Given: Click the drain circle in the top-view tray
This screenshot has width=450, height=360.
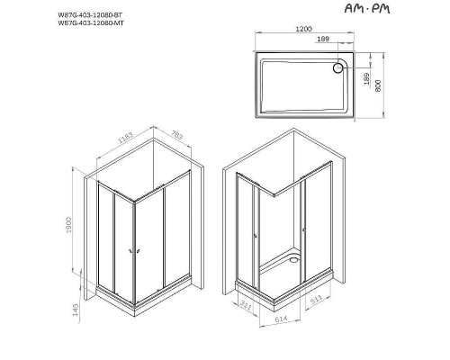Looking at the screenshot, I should pyautogui.click(x=341, y=66).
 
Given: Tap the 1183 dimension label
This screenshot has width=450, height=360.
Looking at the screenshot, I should pyautogui.click(x=123, y=148).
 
